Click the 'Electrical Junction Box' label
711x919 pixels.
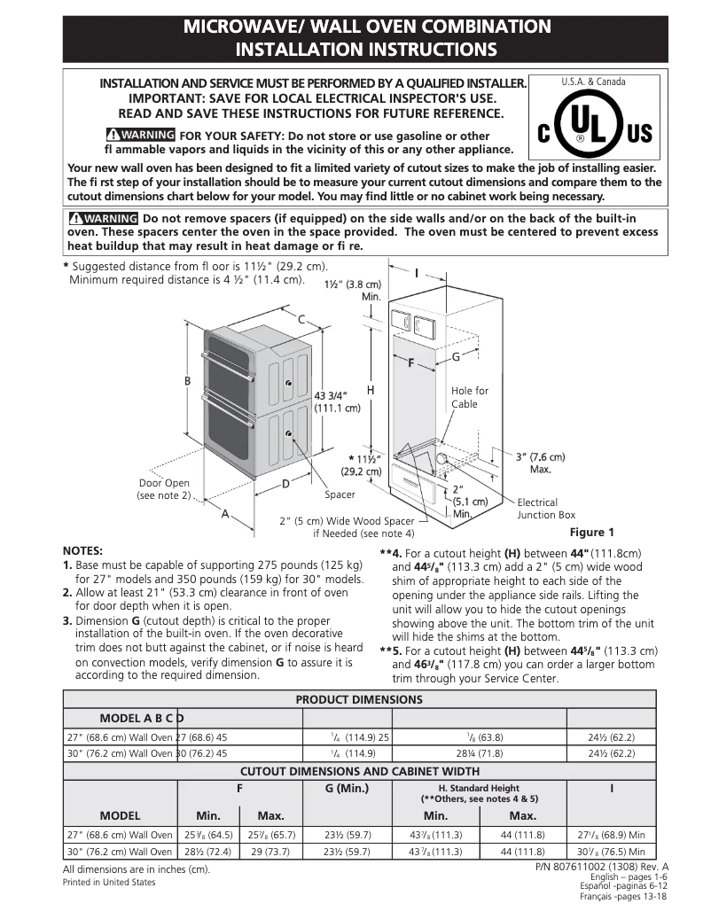(546, 509)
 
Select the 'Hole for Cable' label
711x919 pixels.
(469, 397)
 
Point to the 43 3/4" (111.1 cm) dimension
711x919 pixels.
(337, 401)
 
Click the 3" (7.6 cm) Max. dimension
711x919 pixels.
(540, 463)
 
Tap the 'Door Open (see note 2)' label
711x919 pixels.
(164, 489)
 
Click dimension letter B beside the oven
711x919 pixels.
(187, 381)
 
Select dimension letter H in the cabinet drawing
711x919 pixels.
(371, 390)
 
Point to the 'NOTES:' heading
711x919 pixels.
(83, 550)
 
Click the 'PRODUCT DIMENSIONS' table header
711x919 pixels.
(359, 699)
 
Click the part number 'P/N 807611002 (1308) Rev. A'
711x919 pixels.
(602, 866)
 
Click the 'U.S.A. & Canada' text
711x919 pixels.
(593, 82)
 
